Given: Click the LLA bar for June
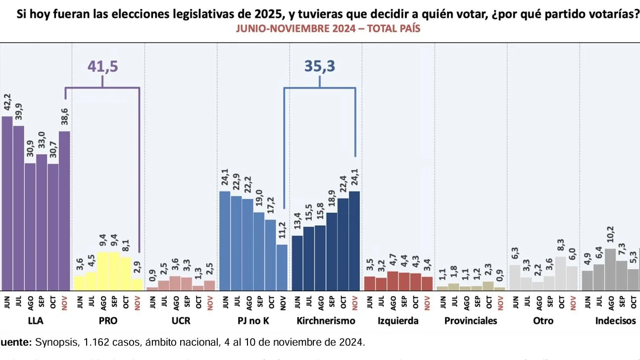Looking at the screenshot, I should pos(7,203).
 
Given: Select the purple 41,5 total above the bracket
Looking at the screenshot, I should pos(103,66).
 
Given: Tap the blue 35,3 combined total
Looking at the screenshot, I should pos(319,66).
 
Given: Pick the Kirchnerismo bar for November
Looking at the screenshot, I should pos(354,241).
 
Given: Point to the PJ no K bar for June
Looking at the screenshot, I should pos(225,241).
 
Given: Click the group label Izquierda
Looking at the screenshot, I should pos(398,321).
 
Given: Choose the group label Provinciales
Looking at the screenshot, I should pos(471,321).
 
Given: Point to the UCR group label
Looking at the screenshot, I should pos(181,321).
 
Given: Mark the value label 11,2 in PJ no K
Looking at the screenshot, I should pos(283,231).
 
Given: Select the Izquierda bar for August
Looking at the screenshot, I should pos(393,281).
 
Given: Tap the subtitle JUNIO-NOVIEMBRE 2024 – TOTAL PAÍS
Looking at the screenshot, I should pos(328,29).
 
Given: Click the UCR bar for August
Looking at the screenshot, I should pos(175,283).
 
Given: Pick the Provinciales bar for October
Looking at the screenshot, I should pos(488,286).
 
